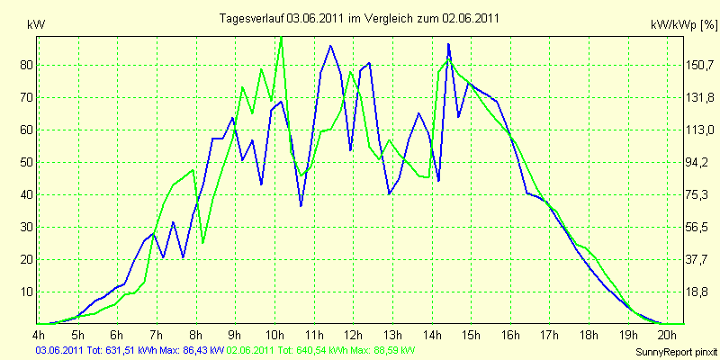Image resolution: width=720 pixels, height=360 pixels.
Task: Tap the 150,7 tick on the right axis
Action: point(699,65)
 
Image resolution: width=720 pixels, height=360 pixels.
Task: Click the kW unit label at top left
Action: point(37,26)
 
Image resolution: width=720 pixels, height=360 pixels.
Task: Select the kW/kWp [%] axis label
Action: point(684,26)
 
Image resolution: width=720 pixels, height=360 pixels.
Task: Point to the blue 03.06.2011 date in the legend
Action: point(59,351)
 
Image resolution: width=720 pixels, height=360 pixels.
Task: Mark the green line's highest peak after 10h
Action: point(282,38)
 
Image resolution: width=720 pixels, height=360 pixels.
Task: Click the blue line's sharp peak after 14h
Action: point(448,44)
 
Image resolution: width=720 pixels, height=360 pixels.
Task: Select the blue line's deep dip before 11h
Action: point(301,206)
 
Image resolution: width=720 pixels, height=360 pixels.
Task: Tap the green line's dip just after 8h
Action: point(203,242)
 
